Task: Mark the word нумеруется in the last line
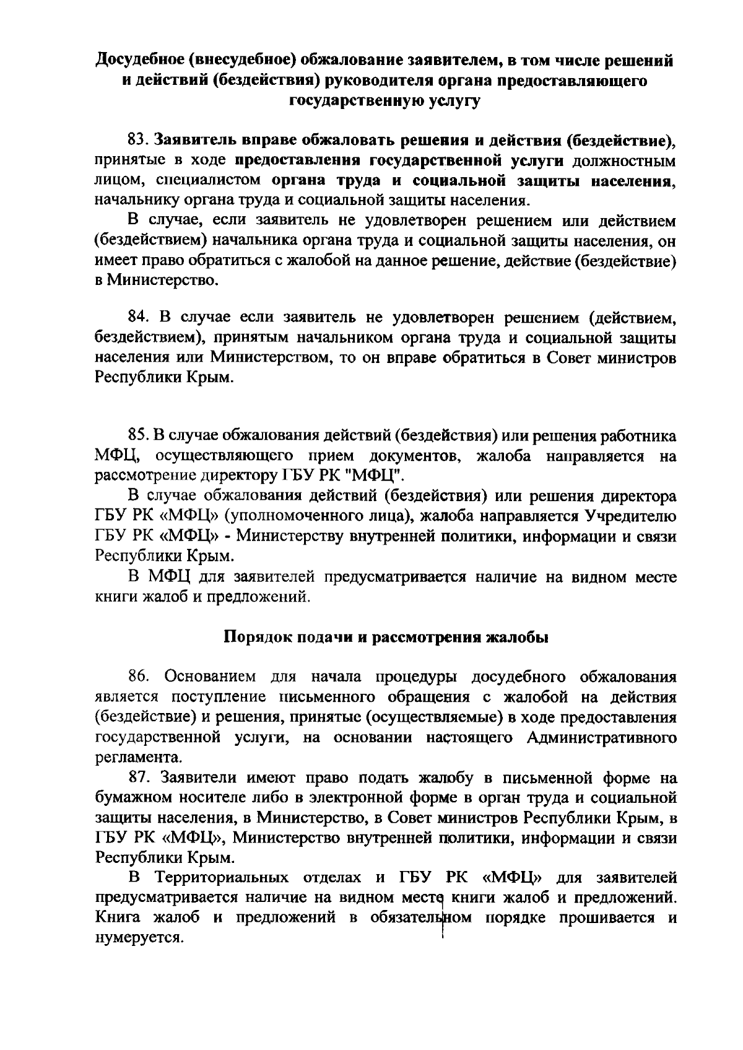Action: click(139, 937)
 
